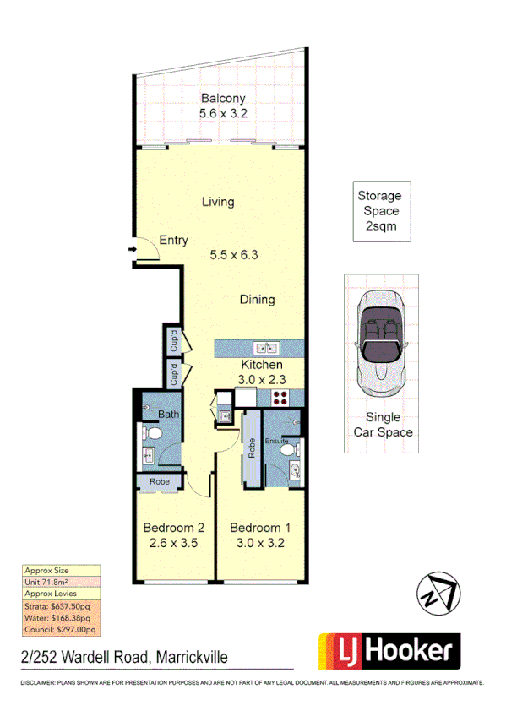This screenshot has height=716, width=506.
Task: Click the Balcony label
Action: [x=222, y=99]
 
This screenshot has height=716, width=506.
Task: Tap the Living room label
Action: [x=218, y=202]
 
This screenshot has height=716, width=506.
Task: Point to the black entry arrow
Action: [x=132, y=250]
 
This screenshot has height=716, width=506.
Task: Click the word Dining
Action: [x=257, y=300]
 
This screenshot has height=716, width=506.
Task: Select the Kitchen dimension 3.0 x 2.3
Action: [x=262, y=381]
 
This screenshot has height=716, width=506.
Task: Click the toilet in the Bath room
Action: [x=152, y=432]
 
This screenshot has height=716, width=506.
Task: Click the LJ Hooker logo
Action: [x=389, y=652]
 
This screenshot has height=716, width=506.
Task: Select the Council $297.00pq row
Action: [x=60, y=628]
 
